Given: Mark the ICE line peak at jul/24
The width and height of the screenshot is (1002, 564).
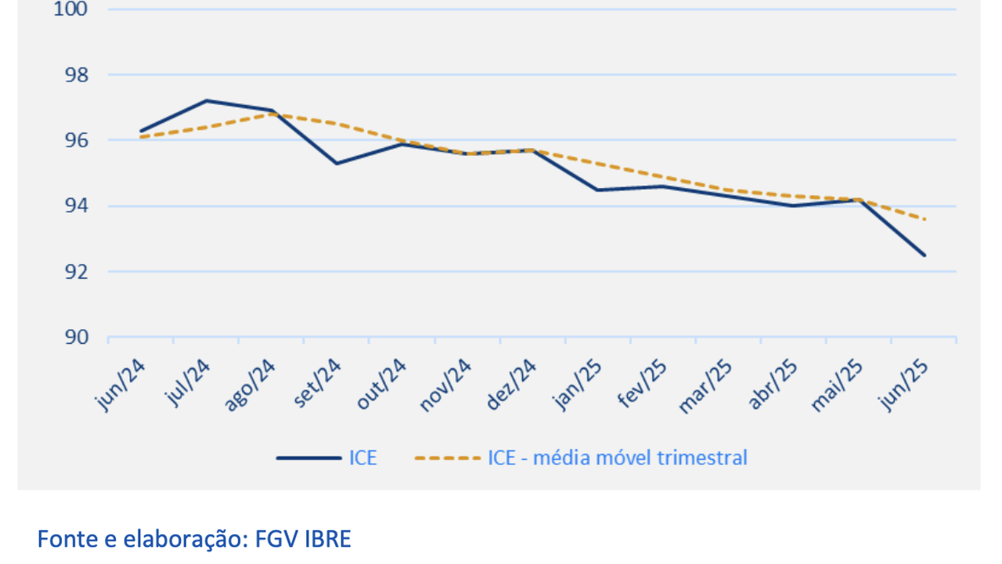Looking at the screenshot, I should pos(207,100).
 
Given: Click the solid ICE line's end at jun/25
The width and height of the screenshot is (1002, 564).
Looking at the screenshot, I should pos(925,255).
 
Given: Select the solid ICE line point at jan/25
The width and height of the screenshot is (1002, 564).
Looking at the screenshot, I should pos(598,190).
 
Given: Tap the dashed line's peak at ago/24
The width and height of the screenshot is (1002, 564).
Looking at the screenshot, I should pos(272,114).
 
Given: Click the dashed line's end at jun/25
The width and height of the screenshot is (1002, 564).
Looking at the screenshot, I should pos(925,219).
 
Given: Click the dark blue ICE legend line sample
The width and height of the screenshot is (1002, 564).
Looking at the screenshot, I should pos(307,457).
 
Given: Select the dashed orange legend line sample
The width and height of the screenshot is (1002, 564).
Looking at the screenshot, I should pos(448,457).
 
